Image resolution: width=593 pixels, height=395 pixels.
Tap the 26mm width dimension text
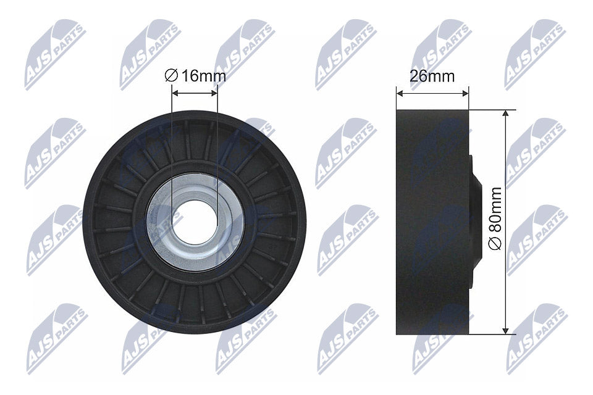tap(432, 77)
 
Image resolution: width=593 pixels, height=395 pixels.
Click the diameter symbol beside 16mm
tap(171, 76)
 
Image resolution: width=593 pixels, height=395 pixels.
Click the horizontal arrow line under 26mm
tap(432, 94)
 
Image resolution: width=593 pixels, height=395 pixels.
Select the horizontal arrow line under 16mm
tap(195, 94)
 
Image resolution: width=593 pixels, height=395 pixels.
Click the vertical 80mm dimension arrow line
tap(507, 185)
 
